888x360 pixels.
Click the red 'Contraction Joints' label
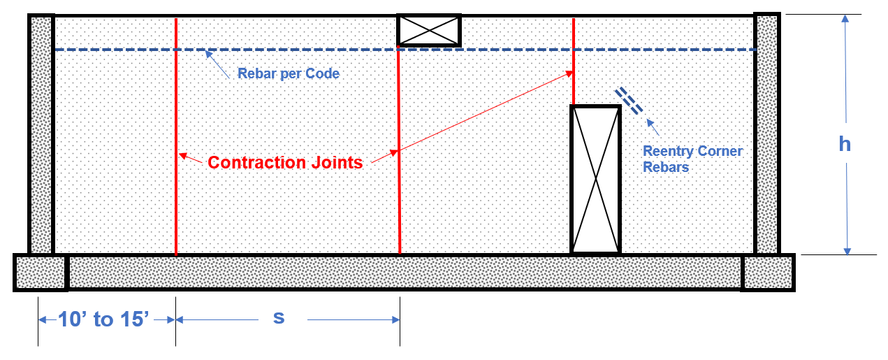tap(285, 162)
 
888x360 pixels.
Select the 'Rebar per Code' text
tap(288, 73)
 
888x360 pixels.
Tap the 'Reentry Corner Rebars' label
tap(692, 159)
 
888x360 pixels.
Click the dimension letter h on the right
tap(845, 143)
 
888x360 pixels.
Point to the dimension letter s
tap(279, 317)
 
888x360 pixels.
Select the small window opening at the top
tap(429, 31)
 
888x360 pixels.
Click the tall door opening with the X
tap(596, 179)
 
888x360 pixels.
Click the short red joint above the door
tap(574, 63)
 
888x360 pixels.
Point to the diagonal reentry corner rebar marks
tap(630, 101)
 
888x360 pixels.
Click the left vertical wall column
tap(41, 133)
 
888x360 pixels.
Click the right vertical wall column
tap(766, 133)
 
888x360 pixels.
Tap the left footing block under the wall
tap(41, 272)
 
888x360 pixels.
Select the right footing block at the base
tap(768, 272)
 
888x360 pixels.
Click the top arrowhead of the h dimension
tap(845, 20)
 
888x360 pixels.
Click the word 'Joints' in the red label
tap(336, 162)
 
